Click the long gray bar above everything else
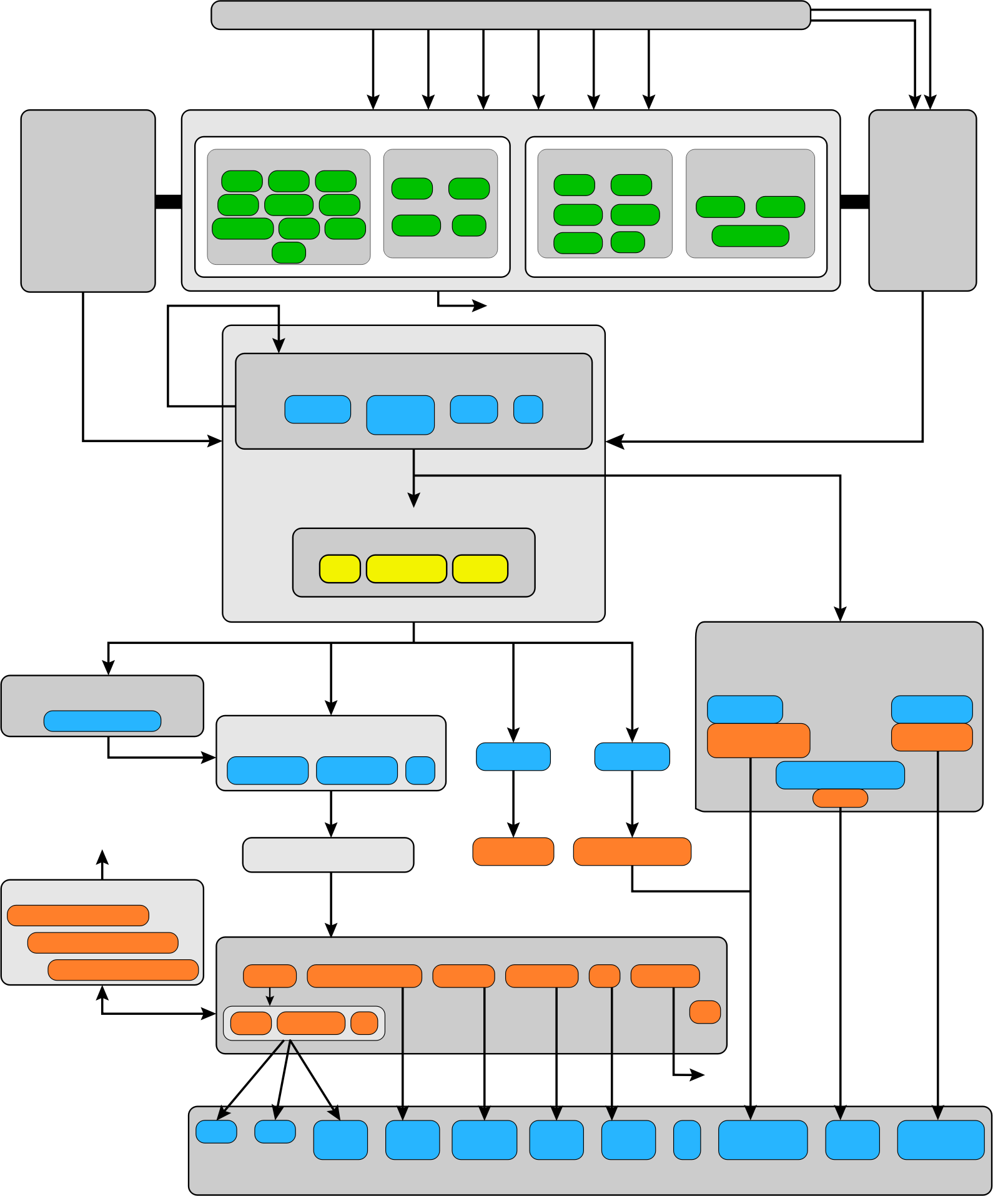510,15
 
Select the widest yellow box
406,568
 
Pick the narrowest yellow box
340,568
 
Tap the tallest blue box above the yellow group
400,415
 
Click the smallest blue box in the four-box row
528,410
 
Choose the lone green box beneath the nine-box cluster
289,252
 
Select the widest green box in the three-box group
750,236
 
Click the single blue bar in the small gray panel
102,721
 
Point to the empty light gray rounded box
328,854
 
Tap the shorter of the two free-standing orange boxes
513,851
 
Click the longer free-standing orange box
632,851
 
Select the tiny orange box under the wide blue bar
840,798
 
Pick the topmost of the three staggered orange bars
78,915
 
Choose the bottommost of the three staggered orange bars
123,970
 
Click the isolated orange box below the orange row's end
705,1012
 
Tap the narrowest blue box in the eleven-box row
687,1140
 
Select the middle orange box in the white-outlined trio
311,1023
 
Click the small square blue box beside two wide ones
420,770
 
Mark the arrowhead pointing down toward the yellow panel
413,500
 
